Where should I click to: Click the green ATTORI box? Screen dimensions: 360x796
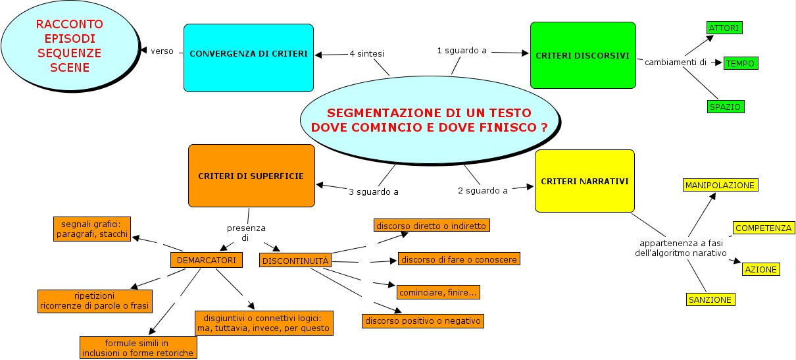(x=724, y=28)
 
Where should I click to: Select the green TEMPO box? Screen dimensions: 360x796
(x=741, y=63)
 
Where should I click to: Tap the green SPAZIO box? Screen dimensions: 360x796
(x=726, y=106)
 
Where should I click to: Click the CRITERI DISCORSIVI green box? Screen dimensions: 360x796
(x=583, y=55)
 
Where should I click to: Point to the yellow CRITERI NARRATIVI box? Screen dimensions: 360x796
(x=584, y=181)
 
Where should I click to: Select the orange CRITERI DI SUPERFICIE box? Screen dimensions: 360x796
(x=251, y=176)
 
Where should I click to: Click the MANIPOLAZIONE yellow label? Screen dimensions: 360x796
(x=720, y=185)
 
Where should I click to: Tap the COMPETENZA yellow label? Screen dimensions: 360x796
(x=764, y=228)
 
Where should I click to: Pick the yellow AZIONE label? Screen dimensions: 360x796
(x=760, y=269)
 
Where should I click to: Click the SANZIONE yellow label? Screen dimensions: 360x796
(x=710, y=299)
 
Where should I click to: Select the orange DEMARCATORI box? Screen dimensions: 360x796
(x=207, y=261)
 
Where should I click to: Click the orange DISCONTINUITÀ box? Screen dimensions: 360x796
(x=295, y=261)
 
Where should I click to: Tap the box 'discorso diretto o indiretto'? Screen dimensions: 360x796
(x=432, y=226)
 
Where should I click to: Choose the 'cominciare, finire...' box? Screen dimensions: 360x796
(x=439, y=291)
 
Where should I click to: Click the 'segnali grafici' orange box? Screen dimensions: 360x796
(x=91, y=228)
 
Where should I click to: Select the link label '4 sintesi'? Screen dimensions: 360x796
(x=367, y=53)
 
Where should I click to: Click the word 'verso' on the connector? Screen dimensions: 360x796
(x=162, y=51)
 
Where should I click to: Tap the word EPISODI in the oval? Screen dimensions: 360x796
(x=69, y=38)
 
